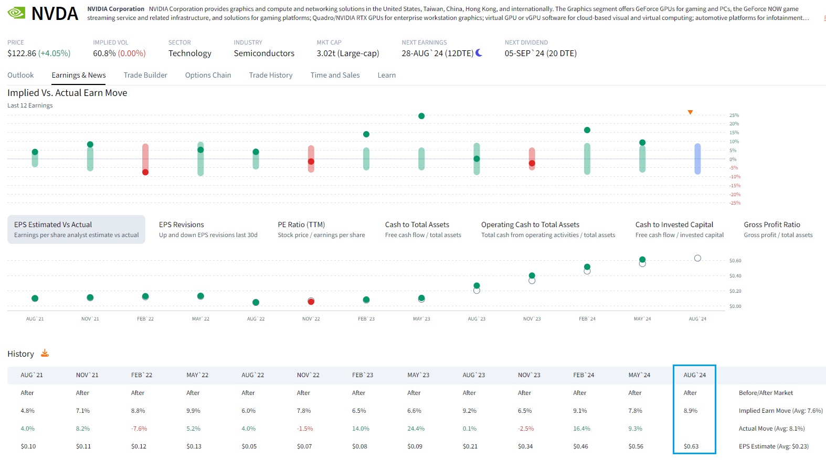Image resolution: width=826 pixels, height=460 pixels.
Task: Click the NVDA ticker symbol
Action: pyautogui.click(x=55, y=14)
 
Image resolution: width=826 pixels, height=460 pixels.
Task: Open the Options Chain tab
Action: pyautogui.click(x=208, y=75)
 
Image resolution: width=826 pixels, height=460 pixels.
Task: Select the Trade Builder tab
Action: pyautogui.click(x=145, y=75)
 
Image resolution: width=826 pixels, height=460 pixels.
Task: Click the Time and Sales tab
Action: pyautogui.click(x=335, y=75)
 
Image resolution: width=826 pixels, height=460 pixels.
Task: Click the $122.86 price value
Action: pyautogui.click(x=22, y=54)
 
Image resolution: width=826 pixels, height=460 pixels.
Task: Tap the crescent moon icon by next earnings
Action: pyautogui.click(x=479, y=53)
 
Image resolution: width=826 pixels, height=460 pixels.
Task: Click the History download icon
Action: pyautogui.click(x=45, y=353)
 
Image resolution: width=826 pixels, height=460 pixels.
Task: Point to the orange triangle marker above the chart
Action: pyautogui.click(x=690, y=112)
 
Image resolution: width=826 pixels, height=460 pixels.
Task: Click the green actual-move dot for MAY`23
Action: pyautogui.click(x=421, y=116)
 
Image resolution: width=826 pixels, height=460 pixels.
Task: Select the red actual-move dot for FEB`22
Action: pyautogui.click(x=145, y=172)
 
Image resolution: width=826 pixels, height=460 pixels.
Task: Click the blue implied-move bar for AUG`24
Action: pyautogui.click(x=697, y=158)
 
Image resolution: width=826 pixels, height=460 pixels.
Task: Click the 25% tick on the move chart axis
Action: pyautogui.click(x=734, y=115)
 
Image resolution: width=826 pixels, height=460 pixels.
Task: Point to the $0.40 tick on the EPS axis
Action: pyautogui.click(x=735, y=276)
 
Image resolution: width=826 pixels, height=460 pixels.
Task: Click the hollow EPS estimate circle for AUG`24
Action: pyautogui.click(x=697, y=258)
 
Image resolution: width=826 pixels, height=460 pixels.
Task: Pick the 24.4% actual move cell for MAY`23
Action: pyautogui.click(x=416, y=429)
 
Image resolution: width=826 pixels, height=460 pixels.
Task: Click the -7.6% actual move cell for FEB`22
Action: pyautogui.click(x=139, y=429)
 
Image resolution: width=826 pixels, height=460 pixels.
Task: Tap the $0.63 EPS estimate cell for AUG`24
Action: pyautogui.click(x=691, y=446)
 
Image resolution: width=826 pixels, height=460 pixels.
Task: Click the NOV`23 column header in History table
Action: pyautogui.click(x=529, y=375)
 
